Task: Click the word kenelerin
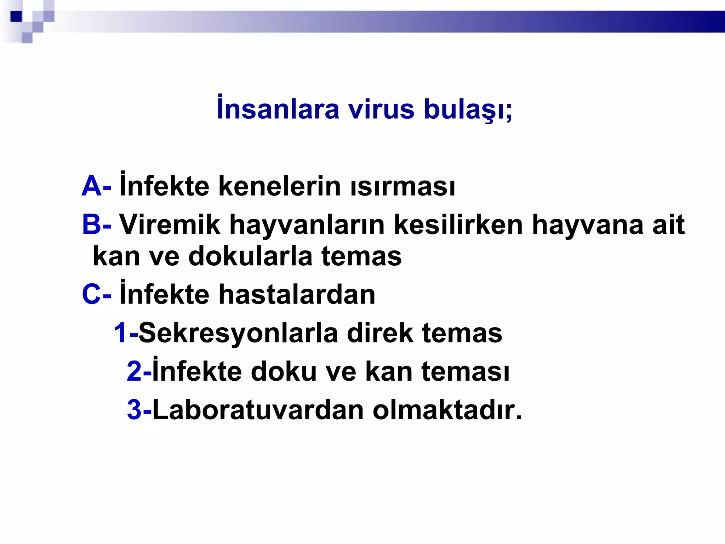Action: tap(279, 186)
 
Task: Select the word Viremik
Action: tap(170, 225)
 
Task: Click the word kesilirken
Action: tap(458, 225)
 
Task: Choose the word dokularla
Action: tap(250, 256)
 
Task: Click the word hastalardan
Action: tap(297, 294)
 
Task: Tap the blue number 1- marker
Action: tap(125, 333)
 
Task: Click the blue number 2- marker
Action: tap(139, 372)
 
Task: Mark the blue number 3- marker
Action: tap(139, 410)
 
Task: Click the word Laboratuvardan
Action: tap(258, 410)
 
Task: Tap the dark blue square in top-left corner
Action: tap(16, 16)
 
